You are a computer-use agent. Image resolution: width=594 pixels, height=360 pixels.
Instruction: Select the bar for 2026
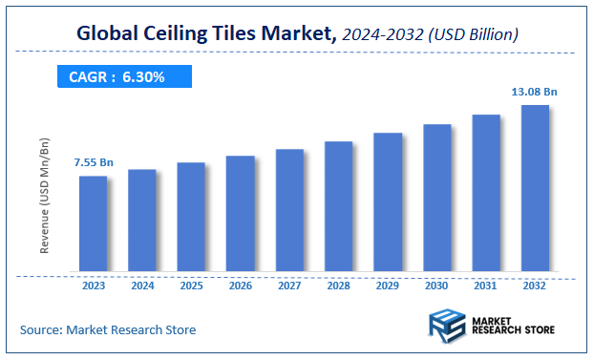pyautogui.click(x=241, y=214)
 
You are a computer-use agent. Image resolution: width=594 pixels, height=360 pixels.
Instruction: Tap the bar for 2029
pyautogui.click(x=388, y=202)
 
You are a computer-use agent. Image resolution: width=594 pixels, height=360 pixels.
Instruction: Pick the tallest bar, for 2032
pyautogui.click(x=535, y=188)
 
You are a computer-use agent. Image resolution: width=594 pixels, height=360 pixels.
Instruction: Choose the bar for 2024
pyautogui.click(x=142, y=221)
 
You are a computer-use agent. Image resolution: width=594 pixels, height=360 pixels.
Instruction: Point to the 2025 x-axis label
pyautogui.click(x=191, y=286)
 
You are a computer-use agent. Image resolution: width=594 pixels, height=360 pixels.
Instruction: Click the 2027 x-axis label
pyautogui.click(x=289, y=286)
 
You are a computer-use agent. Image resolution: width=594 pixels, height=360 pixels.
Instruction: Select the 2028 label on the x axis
pyautogui.click(x=339, y=286)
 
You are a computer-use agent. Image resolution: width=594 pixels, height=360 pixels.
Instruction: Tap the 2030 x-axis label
pyautogui.click(x=437, y=286)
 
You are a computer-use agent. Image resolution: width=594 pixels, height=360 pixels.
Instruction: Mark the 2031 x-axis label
pyautogui.click(x=486, y=286)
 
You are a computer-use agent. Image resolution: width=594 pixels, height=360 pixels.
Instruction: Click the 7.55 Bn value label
pyautogui.click(x=94, y=163)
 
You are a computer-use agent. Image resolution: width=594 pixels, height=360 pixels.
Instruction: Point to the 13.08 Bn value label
pyautogui.click(x=535, y=92)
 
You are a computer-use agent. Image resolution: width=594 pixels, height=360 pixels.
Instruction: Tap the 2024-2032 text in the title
pyautogui.click(x=381, y=35)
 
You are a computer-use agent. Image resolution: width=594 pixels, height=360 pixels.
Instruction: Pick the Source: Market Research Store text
pyautogui.click(x=108, y=329)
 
